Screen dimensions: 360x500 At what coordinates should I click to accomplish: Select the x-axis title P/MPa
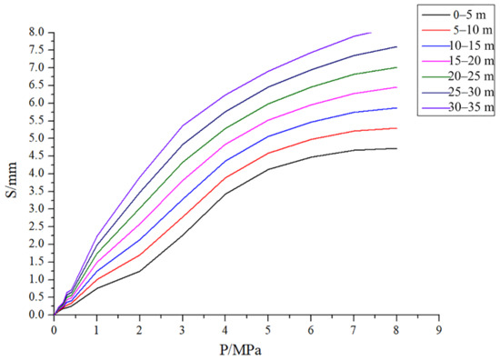click(x=246, y=349)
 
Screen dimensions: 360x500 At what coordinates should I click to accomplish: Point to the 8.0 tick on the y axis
click(x=35, y=32)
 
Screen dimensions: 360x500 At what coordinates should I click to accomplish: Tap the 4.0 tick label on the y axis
click(x=35, y=174)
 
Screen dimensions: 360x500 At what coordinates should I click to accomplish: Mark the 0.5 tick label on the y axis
click(x=35, y=297)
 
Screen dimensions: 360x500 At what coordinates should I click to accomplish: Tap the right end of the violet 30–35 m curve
click(x=371, y=33)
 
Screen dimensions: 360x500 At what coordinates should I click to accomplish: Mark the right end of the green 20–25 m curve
click(x=396, y=67)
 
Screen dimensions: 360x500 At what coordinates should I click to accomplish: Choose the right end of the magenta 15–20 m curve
click(x=396, y=87)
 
